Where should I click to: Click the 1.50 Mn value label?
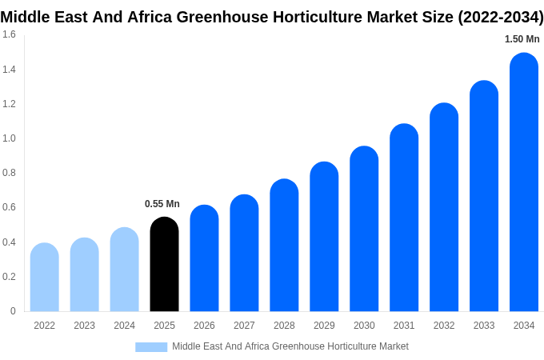click(x=522, y=39)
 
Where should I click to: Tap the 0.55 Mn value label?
click(x=162, y=204)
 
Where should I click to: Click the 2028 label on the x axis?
click(x=284, y=326)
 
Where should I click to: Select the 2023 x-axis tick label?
click(x=84, y=326)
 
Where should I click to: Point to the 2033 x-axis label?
click(x=484, y=326)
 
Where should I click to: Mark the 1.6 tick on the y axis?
click(x=9, y=34)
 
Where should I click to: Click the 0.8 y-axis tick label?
click(x=9, y=173)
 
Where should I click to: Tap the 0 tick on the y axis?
click(x=13, y=311)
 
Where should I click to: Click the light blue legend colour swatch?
click(x=151, y=347)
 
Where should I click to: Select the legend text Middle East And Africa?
click(x=221, y=346)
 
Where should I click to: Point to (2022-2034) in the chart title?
click(x=500, y=17)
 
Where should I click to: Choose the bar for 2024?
click(x=124, y=270)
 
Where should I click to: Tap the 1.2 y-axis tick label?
click(x=9, y=104)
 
